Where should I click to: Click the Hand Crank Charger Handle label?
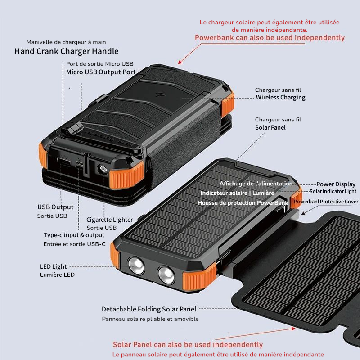pyautogui.click(x=67, y=51)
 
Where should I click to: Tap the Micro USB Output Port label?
pyautogui.click(x=101, y=72)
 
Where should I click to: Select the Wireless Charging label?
pyautogui.click(x=280, y=98)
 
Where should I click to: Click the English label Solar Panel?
pyautogui.click(x=270, y=127)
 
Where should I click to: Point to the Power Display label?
pyautogui.click(x=336, y=184)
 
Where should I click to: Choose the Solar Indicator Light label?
pyautogui.click(x=333, y=192)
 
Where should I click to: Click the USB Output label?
pyautogui.click(x=55, y=207)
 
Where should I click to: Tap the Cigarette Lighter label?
pyautogui.click(x=110, y=220)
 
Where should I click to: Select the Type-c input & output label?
pyautogui.click(x=74, y=235)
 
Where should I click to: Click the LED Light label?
pyautogui.click(x=53, y=267)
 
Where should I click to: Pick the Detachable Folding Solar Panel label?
pyautogui.click(x=149, y=309)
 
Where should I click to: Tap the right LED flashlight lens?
pyautogui.click(x=165, y=274)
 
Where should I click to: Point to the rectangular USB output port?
pyautogui.click(x=63, y=163)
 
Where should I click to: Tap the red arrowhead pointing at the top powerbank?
pyautogui.click(x=180, y=63)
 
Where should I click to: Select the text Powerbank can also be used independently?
pyautogui.click(x=270, y=37)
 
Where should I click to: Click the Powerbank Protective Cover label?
pyautogui.click(x=326, y=202)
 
